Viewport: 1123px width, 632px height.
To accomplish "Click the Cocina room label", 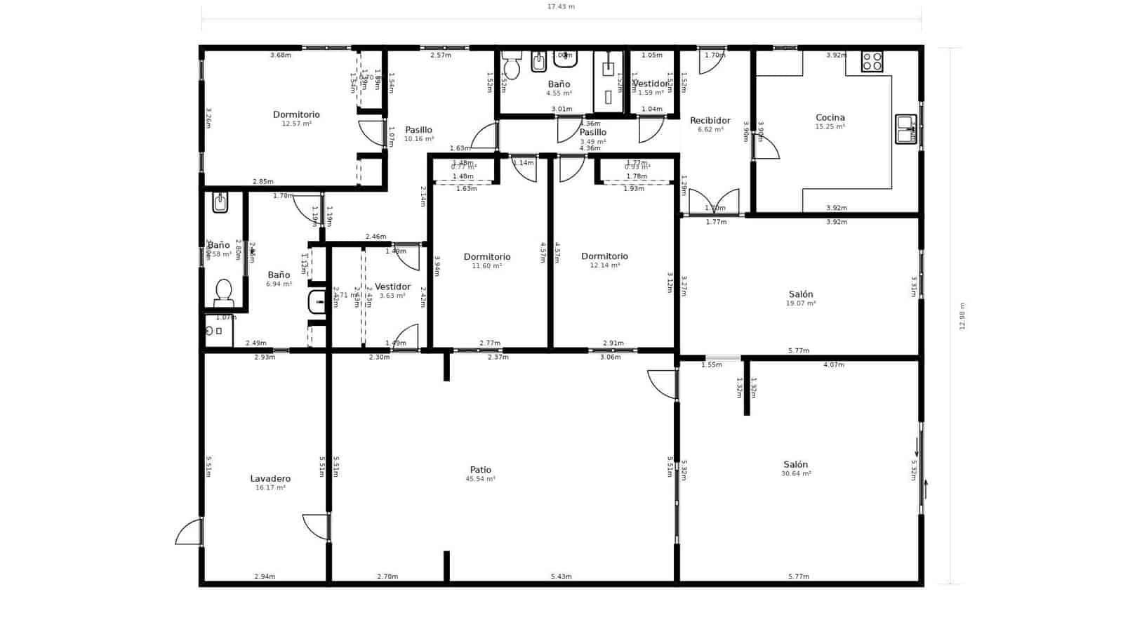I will pyautogui.click(x=830, y=118).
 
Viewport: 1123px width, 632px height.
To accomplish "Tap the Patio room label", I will pyautogui.click(x=481, y=470).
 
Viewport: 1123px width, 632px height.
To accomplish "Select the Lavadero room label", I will pyautogui.click(x=270, y=479).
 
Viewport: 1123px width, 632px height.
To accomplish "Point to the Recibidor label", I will pyautogui.click(x=710, y=121).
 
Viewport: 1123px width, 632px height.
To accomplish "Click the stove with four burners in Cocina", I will pyautogui.click(x=872, y=62).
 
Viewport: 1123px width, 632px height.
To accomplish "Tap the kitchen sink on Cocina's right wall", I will pyautogui.click(x=905, y=129).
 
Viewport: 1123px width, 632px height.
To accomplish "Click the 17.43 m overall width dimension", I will pyautogui.click(x=561, y=7).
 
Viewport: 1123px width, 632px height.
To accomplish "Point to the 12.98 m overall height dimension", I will pyautogui.click(x=962, y=316).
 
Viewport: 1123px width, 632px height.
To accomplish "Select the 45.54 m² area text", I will pyautogui.click(x=480, y=479).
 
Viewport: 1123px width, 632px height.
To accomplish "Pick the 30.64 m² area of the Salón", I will pyautogui.click(x=796, y=474).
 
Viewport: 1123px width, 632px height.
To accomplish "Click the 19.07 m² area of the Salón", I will pyautogui.click(x=800, y=303).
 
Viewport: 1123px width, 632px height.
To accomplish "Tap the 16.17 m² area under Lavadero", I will pyautogui.click(x=270, y=487).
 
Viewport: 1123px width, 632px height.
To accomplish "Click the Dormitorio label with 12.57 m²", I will pyautogui.click(x=296, y=114).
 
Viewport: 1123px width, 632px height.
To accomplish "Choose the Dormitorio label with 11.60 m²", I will pyautogui.click(x=487, y=257).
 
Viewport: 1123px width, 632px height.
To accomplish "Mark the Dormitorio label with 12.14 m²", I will pyautogui.click(x=604, y=256).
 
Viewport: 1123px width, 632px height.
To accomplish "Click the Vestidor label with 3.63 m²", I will pyautogui.click(x=392, y=287).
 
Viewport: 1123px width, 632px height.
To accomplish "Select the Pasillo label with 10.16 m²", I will pyautogui.click(x=418, y=130).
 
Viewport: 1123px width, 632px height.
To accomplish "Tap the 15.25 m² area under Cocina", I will pyautogui.click(x=830, y=127).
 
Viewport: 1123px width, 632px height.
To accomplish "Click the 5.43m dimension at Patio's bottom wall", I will pyautogui.click(x=561, y=577).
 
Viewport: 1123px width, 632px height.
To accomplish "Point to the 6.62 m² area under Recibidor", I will pyautogui.click(x=710, y=130).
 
